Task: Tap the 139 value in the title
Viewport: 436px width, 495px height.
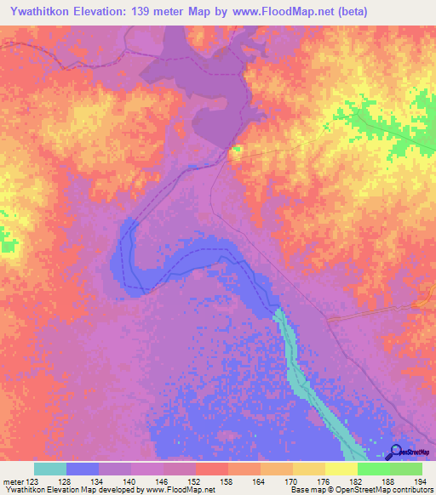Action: pos(157,11)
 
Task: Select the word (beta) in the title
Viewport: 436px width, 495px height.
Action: pos(399,11)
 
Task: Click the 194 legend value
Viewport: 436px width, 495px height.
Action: pos(422,481)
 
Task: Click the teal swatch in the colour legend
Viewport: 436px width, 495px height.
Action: pos(50,469)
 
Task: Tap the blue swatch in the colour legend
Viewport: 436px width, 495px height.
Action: pos(83,469)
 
